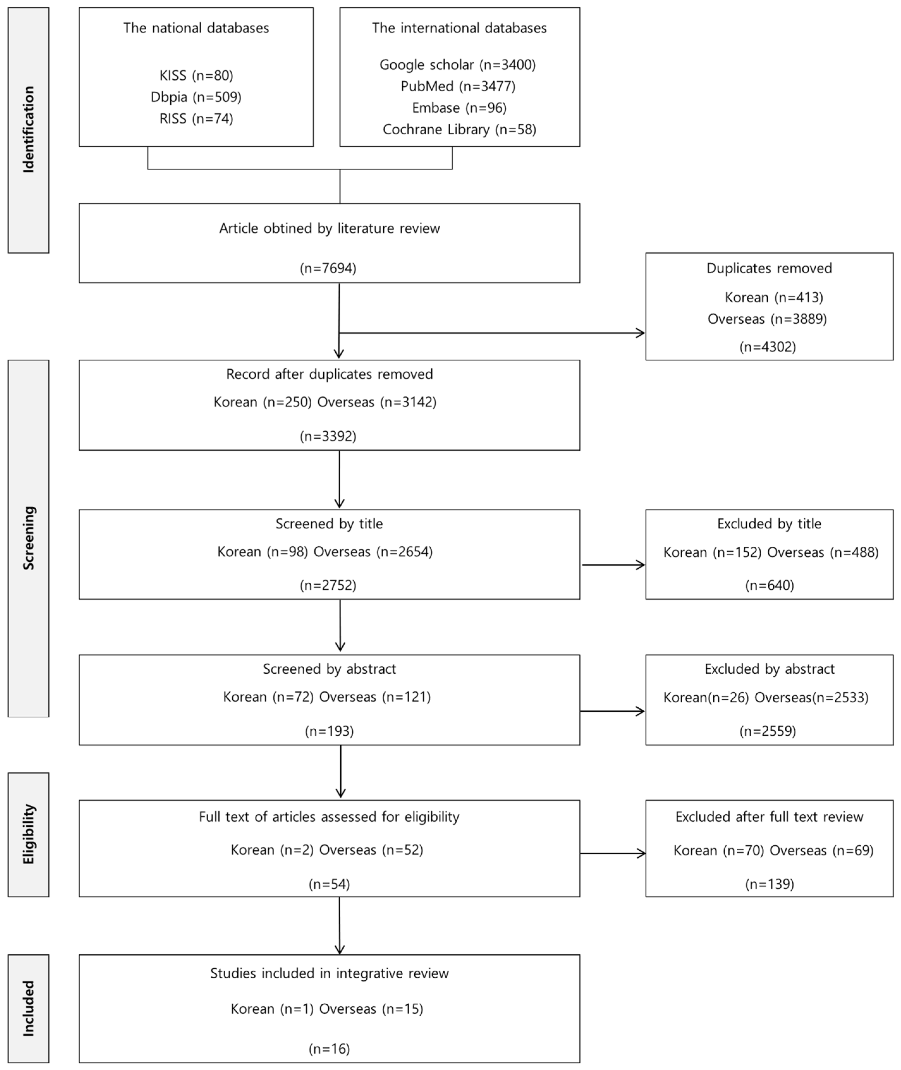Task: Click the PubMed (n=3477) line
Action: pos(458,86)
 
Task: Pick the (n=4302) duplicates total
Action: pos(767,347)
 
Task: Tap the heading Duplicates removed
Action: pos(769,268)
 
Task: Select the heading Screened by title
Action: pos(329,524)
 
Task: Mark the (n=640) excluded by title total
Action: pos(769,585)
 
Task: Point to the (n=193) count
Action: pos(329,731)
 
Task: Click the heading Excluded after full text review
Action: pos(769,817)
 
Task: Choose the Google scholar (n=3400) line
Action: pos(457,65)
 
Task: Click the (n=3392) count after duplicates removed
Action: pos(328,436)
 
